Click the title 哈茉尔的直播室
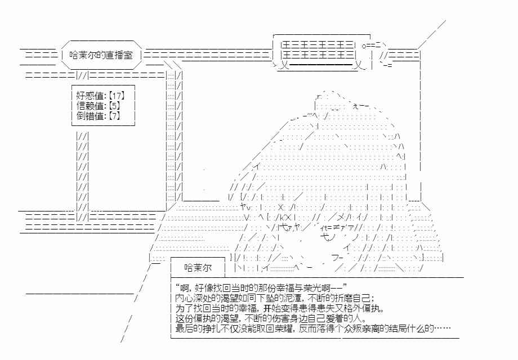(x=101, y=55)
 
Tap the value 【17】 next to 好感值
(x=117, y=96)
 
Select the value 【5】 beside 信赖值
(x=114, y=106)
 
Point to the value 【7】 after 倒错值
(x=114, y=116)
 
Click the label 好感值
(x=90, y=96)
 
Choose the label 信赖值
(x=90, y=106)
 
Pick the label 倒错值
(x=90, y=116)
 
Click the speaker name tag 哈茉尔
(x=198, y=268)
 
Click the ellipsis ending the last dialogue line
(x=443, y=328)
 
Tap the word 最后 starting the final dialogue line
(x=184, y=328)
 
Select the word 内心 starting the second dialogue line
(x=184, y=298)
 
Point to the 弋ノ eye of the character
(x=328, y=237)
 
